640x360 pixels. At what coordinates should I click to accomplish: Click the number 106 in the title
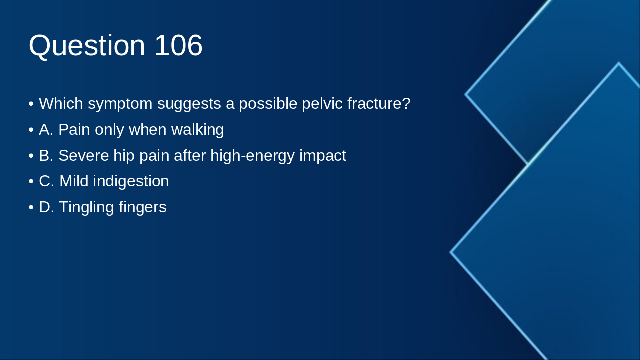[178, 45]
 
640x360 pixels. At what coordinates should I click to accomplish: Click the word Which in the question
[61, 103]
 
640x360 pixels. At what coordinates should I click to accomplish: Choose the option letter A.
[46, 129]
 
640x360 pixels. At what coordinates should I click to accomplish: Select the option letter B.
[46, 155]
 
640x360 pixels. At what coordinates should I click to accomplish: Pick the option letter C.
[46, 181]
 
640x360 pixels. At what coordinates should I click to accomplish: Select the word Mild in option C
[74, 181]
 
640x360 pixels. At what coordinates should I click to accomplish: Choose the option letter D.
[46, 207]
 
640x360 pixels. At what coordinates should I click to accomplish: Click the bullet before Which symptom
[31, 104]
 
